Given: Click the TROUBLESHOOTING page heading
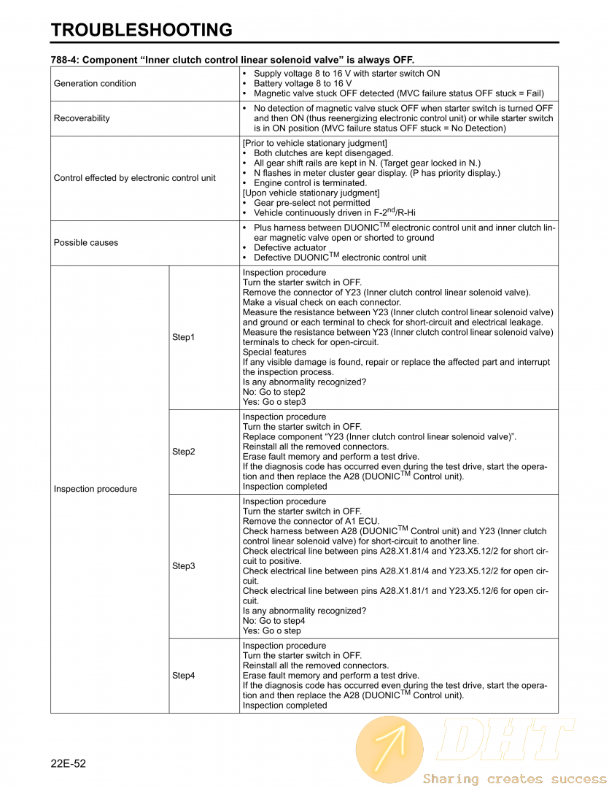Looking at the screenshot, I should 141,30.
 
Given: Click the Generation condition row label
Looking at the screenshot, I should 95,84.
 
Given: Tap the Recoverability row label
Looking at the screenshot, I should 82,118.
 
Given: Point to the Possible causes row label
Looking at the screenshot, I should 85,242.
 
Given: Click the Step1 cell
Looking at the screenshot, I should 183,337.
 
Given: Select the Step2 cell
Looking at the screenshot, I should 183,452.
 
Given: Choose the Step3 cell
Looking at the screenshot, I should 183,566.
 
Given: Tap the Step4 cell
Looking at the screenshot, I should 183,676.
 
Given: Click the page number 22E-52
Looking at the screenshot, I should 69,763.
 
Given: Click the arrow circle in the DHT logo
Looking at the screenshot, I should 389,749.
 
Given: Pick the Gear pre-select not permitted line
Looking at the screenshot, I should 311,203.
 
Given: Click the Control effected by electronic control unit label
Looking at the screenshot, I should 135,178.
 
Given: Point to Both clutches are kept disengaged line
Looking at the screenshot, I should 323,153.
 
